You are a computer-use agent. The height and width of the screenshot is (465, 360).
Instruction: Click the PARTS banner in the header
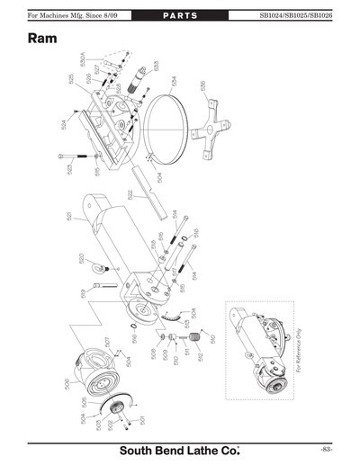180,15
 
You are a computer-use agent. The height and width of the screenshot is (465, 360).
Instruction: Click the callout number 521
68,216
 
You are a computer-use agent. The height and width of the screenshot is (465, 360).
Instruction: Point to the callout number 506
67,384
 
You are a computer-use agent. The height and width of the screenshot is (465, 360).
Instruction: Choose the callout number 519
83,292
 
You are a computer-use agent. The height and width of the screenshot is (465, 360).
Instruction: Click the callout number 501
143,419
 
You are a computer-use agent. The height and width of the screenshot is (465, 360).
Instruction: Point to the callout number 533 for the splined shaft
156,66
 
